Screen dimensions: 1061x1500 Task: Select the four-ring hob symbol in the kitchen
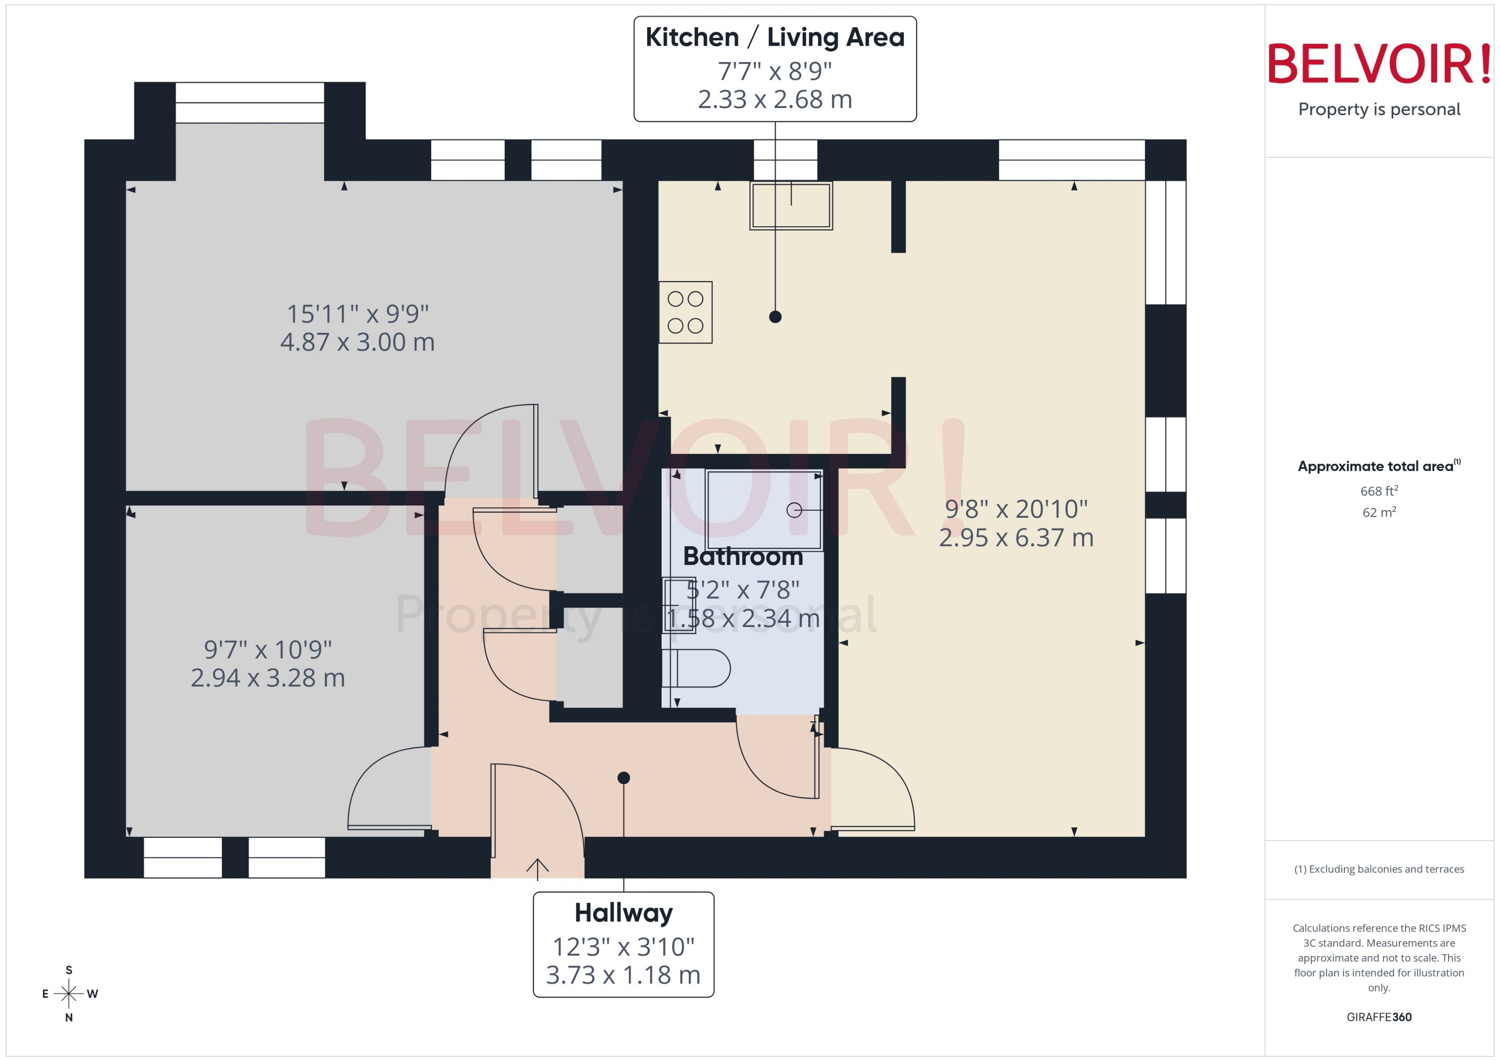point(685,312)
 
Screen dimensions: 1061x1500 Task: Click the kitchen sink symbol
point(791,206)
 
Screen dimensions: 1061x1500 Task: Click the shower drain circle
point(794,510)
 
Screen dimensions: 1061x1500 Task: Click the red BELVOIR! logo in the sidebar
point(1379,64)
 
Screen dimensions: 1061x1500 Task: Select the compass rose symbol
point(69,994)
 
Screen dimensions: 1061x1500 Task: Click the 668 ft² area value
point(1379,490)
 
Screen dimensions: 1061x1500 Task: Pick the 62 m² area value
point(1379,512)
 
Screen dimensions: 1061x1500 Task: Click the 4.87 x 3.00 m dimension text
point(357,342)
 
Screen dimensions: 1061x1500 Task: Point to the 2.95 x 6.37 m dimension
point(1016,538)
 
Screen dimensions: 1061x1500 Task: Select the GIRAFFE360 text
point(1379,1017)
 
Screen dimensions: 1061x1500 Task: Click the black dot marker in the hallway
point(624,777)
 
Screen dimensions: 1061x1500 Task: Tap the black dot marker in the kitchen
point(775,317)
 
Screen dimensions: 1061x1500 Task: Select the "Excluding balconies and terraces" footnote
point(1379,869)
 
